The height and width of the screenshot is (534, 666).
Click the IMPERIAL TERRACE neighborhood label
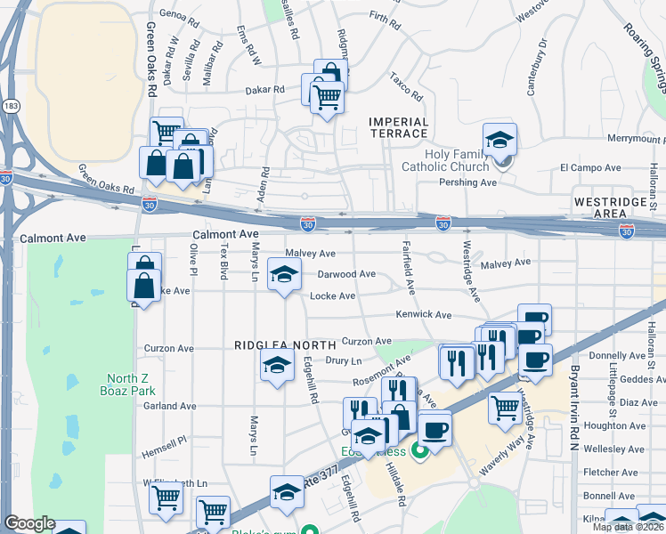tap(399, 127)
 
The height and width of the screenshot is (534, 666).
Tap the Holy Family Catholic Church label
tap(458, 160)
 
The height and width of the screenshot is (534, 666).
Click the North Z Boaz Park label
tap(131, 384)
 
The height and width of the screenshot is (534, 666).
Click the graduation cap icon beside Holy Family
tap(500, 139)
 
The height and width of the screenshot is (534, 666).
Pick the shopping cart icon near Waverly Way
tap(506, 408)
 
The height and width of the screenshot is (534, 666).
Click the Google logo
tap(29, 523)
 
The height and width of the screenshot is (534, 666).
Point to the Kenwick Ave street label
tap(424, 315)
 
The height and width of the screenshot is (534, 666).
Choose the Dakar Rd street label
tap(265, 90)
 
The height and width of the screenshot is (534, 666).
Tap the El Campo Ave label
tap(589, 167)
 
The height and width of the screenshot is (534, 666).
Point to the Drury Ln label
tap(343, 360)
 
